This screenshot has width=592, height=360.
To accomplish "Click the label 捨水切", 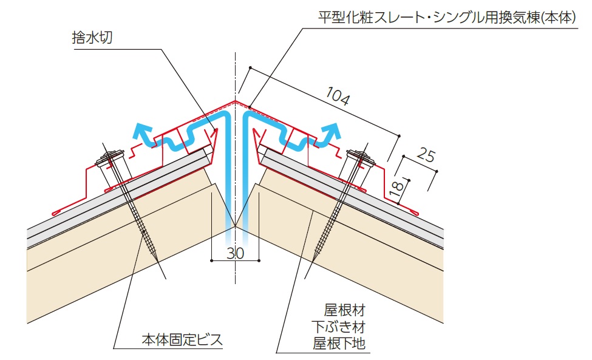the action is pos(92,38).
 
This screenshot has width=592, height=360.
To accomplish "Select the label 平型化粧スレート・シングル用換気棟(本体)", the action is pos(447,18).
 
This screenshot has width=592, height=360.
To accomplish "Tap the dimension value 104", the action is pos(338,97).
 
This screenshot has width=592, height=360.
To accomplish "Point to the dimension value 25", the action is pos(426,155).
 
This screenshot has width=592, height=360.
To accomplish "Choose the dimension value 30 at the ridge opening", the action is pos(235,253).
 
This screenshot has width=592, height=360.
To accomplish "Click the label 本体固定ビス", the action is pos(182,340).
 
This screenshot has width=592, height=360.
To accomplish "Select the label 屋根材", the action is pos(344,310).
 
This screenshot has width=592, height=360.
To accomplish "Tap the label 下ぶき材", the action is pos(338,327).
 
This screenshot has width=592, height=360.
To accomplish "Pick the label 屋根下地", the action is pos(339,343).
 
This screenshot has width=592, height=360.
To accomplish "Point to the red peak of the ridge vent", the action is pos(235,101).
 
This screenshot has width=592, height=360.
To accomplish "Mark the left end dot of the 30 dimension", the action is pos(211,260).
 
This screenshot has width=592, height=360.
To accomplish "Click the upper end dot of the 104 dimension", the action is pos(250,67).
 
